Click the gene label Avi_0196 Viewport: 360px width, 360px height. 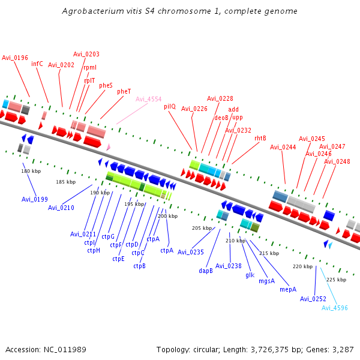point(15,58)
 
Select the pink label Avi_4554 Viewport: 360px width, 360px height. point(148,99)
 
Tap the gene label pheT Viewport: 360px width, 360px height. point(124,91)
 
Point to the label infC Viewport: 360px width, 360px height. point(37,63)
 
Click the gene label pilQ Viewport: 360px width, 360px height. point(170,106)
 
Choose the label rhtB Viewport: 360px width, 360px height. point(260,138)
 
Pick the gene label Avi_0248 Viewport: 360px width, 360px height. point(337,161)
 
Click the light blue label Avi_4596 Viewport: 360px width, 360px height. point(335,308)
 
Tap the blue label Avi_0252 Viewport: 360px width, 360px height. point(313,299)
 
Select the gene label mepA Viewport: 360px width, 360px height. point(288,289)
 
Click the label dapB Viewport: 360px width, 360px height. point(206,271)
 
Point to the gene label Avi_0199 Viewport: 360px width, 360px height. point(35,199)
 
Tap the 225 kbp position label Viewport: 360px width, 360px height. point(336,280)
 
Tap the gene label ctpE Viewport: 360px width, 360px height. point(118,259)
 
